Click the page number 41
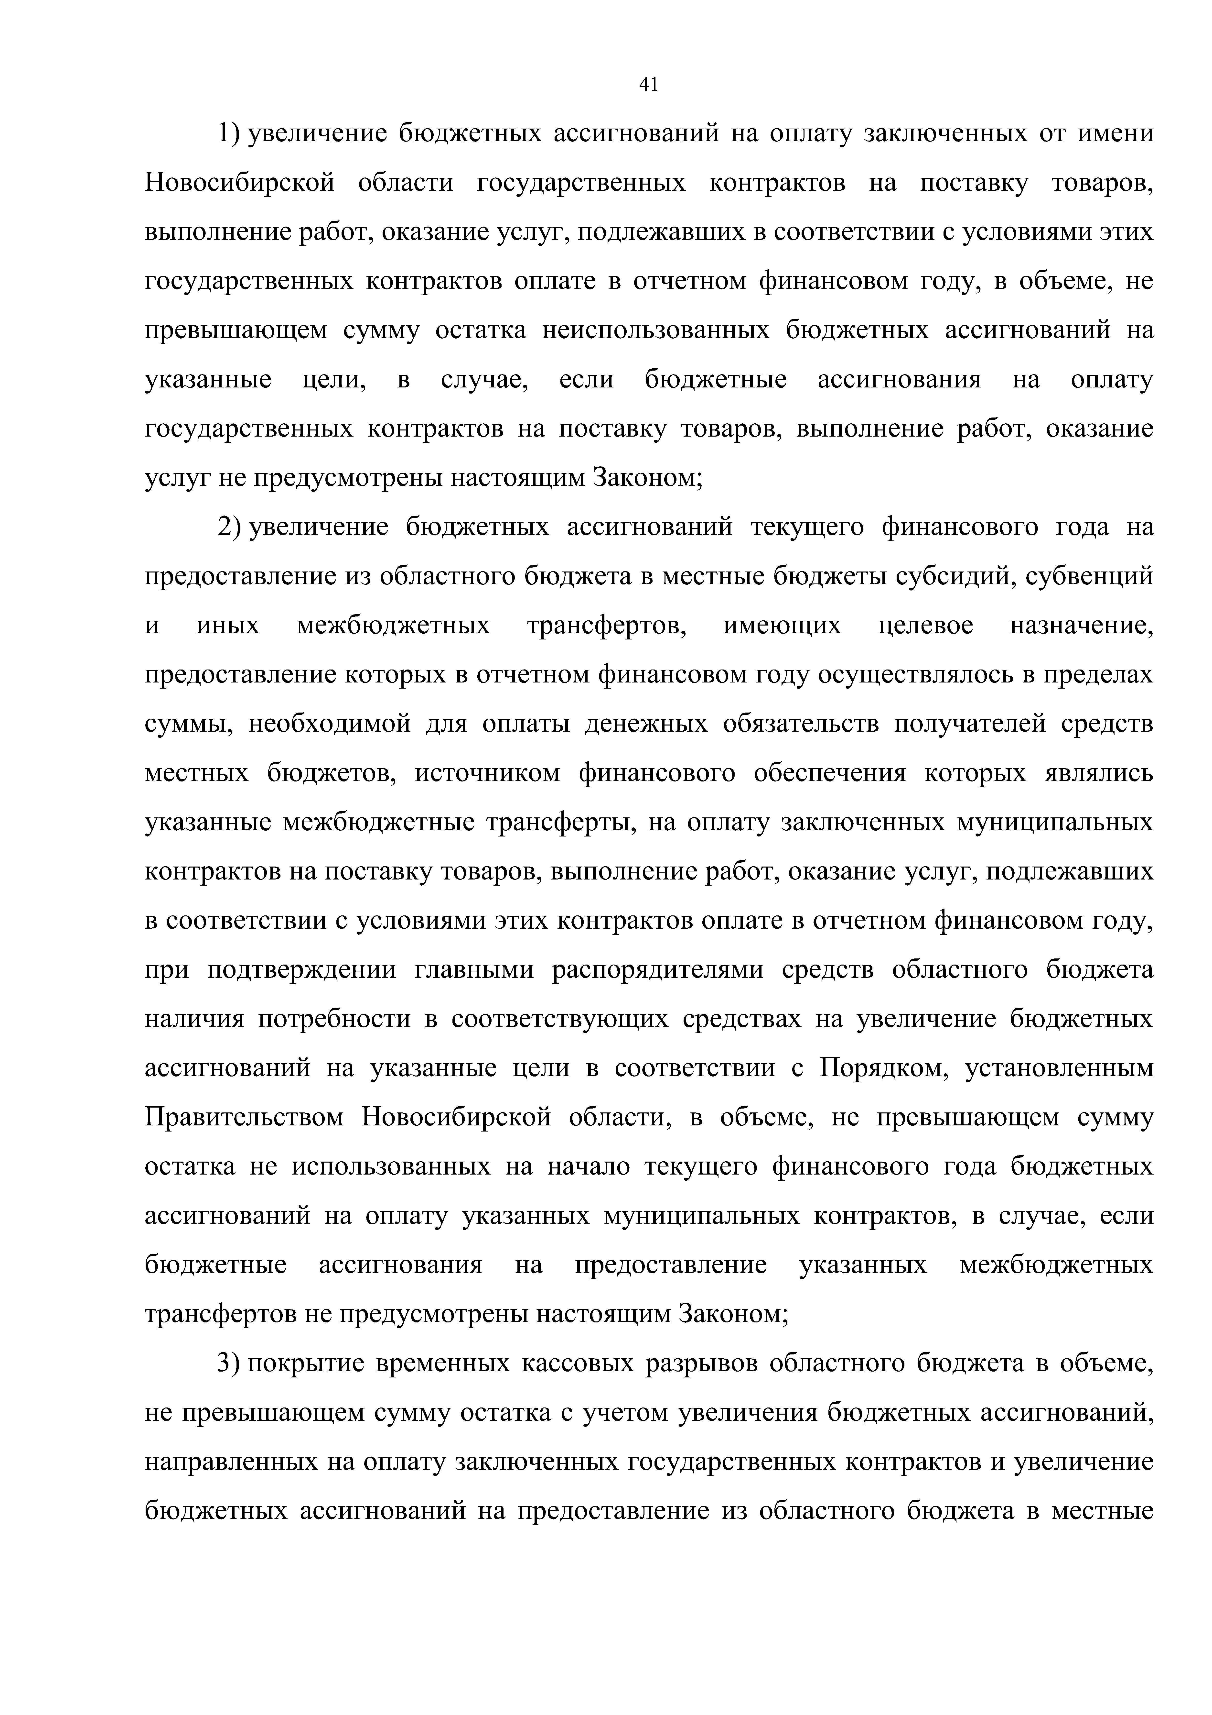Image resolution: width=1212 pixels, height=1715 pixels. click(648, 85)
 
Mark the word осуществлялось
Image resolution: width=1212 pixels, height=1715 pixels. click(918, 675)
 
